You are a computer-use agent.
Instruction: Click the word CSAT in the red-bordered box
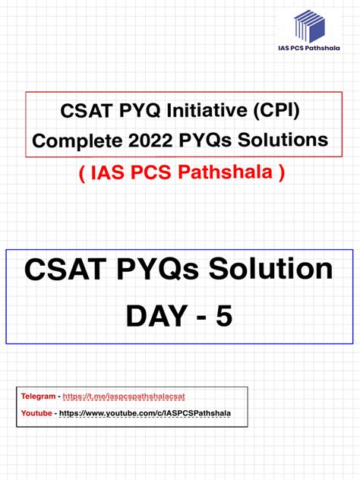(84, 112)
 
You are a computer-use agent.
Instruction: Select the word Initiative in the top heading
(209, 112)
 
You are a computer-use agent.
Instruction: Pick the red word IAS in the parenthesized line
(103, 174)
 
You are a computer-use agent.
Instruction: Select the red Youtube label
(37, 413)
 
